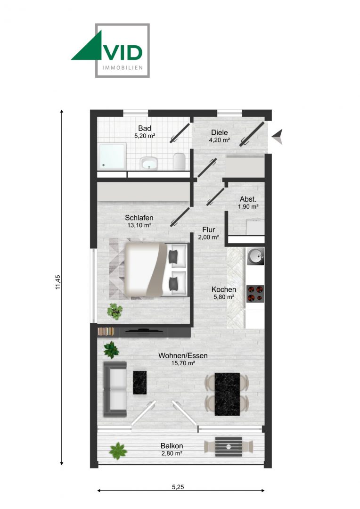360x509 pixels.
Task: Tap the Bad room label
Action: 144,128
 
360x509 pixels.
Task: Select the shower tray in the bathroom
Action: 113,156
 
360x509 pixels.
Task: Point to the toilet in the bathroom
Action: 179,161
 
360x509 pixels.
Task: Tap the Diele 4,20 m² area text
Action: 220,140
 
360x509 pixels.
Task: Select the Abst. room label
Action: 248,199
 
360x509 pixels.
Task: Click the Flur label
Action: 209,230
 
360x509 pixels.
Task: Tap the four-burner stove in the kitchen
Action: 255,293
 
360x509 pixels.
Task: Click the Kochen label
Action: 224,289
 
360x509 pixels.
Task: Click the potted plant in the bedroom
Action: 114,311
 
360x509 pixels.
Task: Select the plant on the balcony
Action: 118,451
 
